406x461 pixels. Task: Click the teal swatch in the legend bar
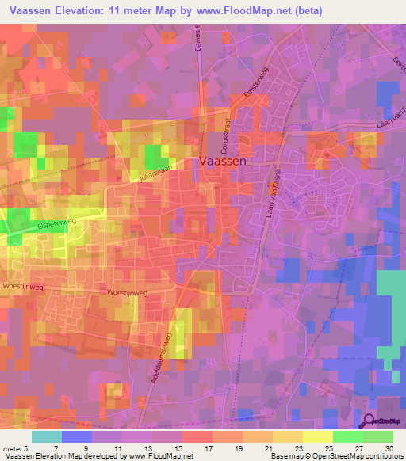click(46, 436)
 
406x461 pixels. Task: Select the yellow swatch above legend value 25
click(318, 436)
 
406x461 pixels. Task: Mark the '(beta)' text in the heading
click(304, 10)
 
